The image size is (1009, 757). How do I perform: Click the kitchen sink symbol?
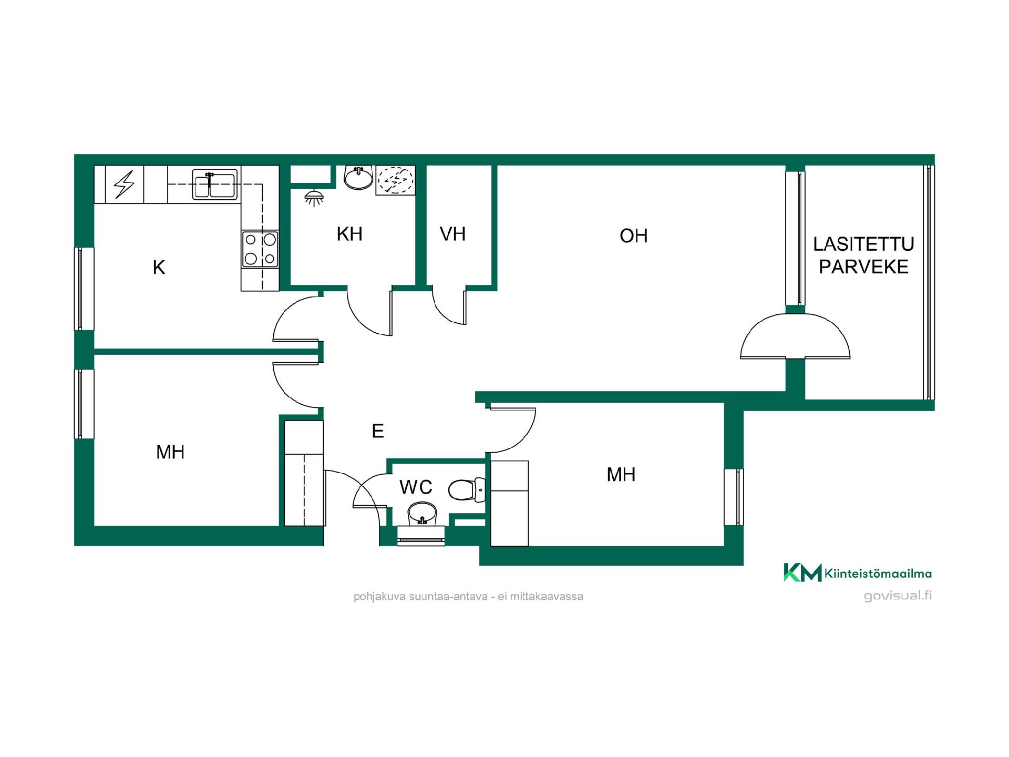click(214, 185)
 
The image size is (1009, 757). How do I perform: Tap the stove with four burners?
click(260, 249)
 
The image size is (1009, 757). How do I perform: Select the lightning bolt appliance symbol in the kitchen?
click(125, 184)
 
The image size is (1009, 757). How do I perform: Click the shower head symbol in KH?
click(314, 198)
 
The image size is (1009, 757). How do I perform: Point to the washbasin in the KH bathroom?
click(358, 177)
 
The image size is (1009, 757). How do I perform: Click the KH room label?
click(349, 234)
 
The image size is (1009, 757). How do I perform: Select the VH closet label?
click(452, 234)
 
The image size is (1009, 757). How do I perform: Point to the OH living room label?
click(633, 236)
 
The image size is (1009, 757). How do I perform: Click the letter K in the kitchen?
click(159, 268)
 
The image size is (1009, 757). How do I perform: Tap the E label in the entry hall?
click(378, 431)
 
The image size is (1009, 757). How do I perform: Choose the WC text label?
click(416, 487)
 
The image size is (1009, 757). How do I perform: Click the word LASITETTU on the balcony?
click(863, 244)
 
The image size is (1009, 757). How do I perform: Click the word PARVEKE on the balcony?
click(863, 267)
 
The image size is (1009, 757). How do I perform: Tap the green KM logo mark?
click(802, 572)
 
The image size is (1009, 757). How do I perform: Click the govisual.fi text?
click(898, 596)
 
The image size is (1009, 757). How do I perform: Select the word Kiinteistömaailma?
click(878, 573)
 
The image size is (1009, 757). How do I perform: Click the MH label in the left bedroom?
click(170, 452)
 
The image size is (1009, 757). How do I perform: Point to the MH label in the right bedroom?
click(621, 475)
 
